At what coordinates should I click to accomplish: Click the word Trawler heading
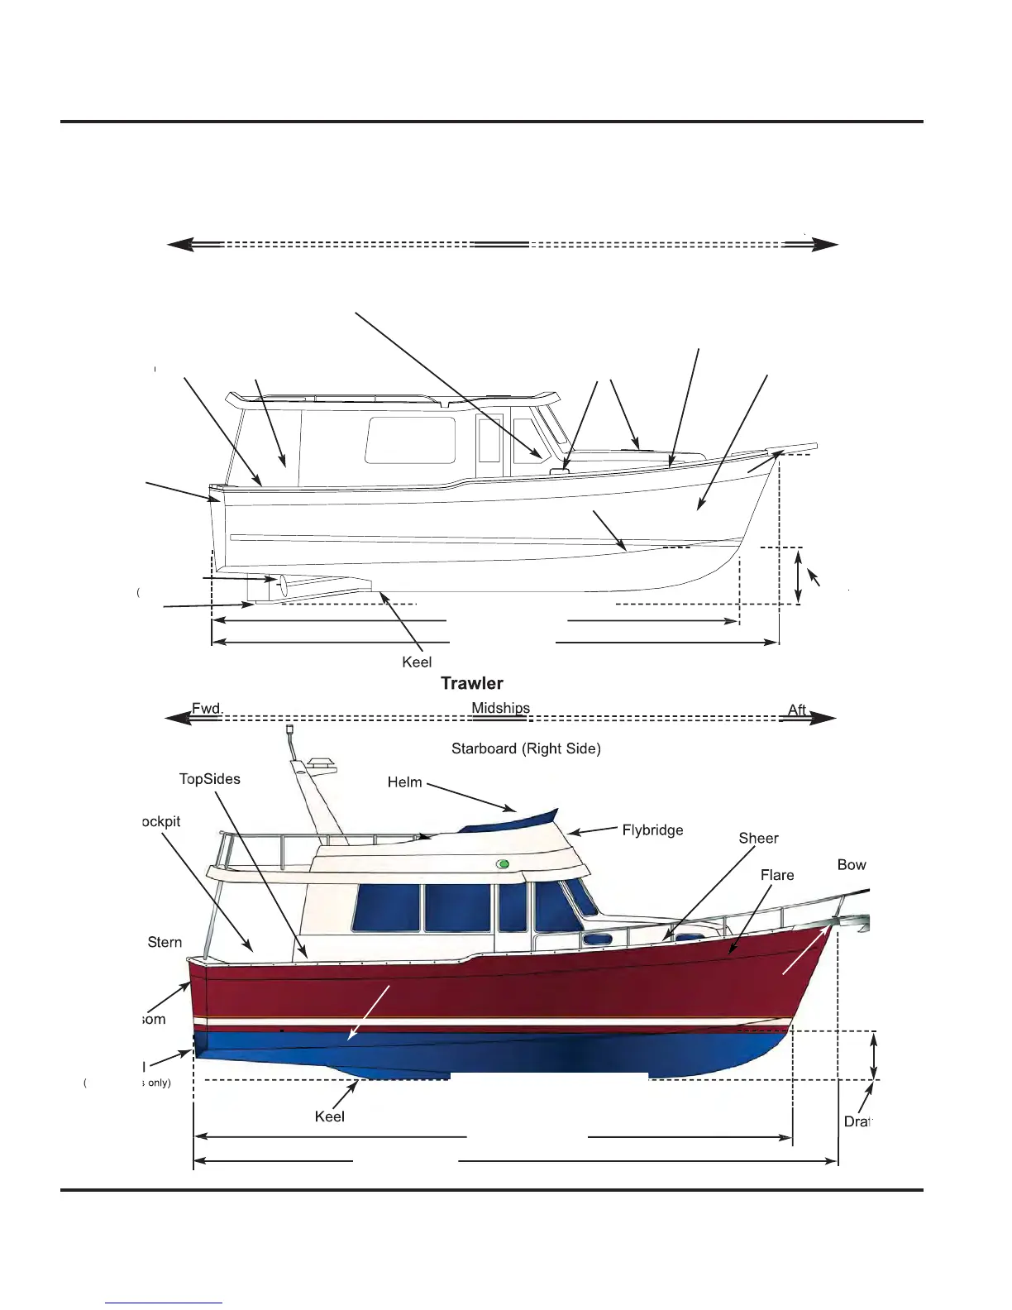tap(471, 683)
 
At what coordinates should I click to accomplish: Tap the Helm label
tap(404, 782)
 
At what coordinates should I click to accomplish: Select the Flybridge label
tap(652, 830)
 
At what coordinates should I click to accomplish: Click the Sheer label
tap(758, 839)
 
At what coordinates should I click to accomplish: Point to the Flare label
tap(776, 875)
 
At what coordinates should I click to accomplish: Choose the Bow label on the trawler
tap(851, 865)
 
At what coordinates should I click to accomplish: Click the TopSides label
tap(210, 779)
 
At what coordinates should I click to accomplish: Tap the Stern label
tap(165, 943)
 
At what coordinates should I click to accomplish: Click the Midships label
tap(500, 708)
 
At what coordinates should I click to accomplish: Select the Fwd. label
tap(207, 709)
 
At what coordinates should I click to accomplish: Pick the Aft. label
tap(797, 710)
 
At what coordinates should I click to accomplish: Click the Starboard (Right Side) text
tap(526, 748)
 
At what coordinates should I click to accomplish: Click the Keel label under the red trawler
tap(329, 1116)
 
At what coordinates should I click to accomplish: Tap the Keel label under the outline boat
tap(417, 662)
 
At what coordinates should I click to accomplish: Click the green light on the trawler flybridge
tap(503, 864)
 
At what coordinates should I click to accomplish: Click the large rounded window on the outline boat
tap(410, 440)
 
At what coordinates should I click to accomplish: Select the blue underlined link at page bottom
tap(164, 1303)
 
